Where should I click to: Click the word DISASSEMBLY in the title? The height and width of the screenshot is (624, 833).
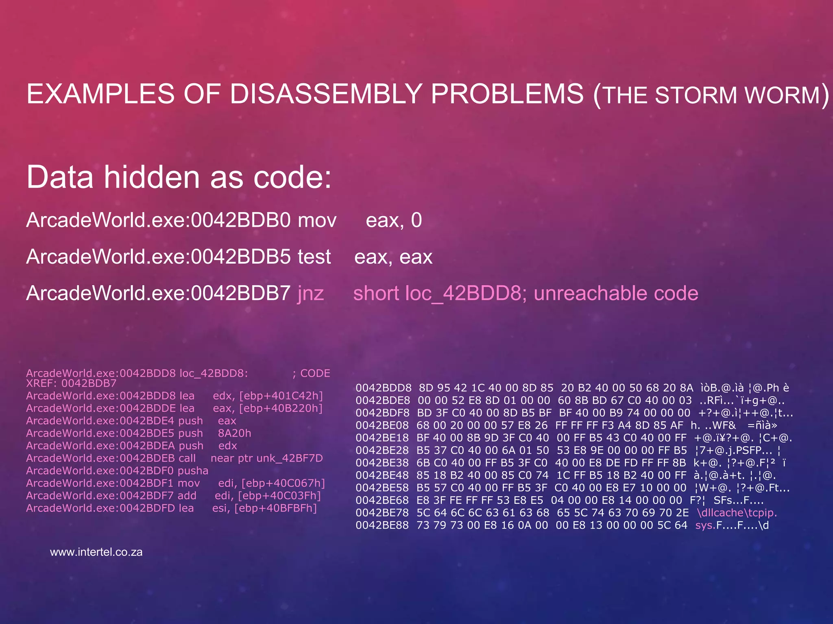pos(325,94)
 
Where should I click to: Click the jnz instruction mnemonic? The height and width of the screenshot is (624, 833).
pos(311,293)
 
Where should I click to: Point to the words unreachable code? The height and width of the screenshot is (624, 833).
pos(616,293)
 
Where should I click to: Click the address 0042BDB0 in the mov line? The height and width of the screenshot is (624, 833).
pos(241,220)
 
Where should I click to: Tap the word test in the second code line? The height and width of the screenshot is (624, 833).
pos(314,257)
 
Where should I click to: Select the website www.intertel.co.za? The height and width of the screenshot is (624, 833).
pos(96,552)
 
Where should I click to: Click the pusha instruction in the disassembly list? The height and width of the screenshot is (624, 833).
pos(193,470)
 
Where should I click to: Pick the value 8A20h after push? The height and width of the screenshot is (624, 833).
pos(234,433)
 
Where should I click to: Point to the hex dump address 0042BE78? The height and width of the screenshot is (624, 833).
pos(382,513)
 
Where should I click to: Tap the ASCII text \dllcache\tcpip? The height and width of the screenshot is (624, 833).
pos(737,513)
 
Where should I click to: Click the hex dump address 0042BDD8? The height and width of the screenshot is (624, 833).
pos(383,388)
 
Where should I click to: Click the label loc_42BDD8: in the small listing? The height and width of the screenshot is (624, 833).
pos(214,373)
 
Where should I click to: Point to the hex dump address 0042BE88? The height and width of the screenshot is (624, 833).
pos(382,525)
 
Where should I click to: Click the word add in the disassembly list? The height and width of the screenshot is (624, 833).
pos(187,496)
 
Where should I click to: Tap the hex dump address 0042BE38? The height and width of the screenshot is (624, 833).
pos(382,463)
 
